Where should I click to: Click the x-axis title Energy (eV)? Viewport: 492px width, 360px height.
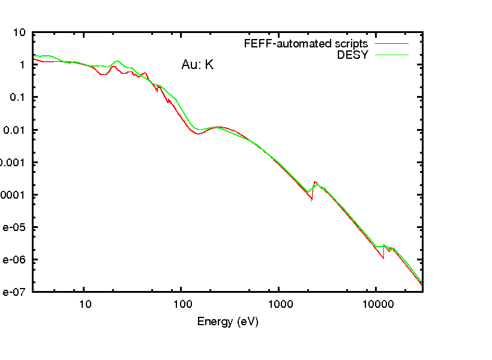tap(227, 322)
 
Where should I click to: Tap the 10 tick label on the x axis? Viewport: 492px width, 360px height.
tap(85, 304)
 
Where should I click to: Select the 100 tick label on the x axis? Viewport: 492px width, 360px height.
tap(182, 304)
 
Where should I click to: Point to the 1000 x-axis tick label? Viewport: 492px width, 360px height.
tap(279, 304)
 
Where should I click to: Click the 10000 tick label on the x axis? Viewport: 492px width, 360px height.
tap(376, 304)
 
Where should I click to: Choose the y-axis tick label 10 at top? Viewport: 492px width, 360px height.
tap(20, 33)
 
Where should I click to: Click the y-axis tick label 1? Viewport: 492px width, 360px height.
tap(23, 65)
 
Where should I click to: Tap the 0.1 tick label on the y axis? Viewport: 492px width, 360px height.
tap(18, 98)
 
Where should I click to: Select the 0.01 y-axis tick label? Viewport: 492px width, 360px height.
tap(16, 130)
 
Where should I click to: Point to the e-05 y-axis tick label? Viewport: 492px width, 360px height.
tap(13, 227)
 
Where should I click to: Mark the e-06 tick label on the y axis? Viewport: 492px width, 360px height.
tap(13, 260)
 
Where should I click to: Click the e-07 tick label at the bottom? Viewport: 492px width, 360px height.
tap(13, 292)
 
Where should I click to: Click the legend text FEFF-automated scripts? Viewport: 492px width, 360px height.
tap(306, 44)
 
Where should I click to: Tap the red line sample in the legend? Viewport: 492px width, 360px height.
tap(392, 44)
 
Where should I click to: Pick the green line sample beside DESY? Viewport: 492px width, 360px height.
tap(392, 55)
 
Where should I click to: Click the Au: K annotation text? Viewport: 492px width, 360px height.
tap(197, 65)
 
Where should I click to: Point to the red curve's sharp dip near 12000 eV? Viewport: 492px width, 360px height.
tap(383, 259)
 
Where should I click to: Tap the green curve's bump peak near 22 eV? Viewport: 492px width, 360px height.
tap(118, 61)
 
